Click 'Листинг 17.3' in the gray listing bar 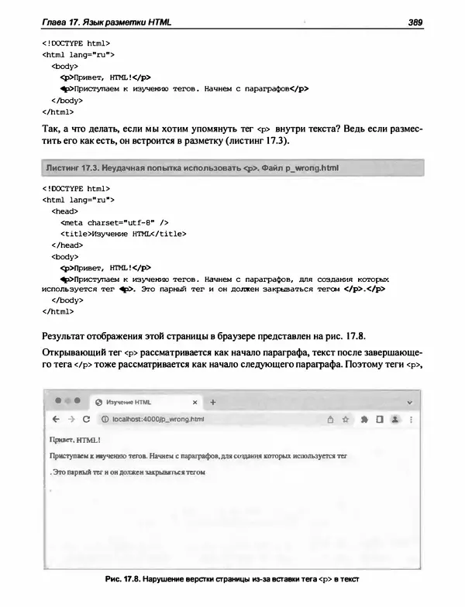[x=74, y=167]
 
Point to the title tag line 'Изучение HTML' [x=124, y=233]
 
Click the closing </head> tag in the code [x=67, y=244]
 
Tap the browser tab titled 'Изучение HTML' [x=128, y=403]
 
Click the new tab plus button [x=213, y=403]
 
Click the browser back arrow [x=55, y=419]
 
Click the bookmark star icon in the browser [x=346, y=419]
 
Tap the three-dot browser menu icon [x=410, y=419]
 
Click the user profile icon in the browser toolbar [x=394, y=419]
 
